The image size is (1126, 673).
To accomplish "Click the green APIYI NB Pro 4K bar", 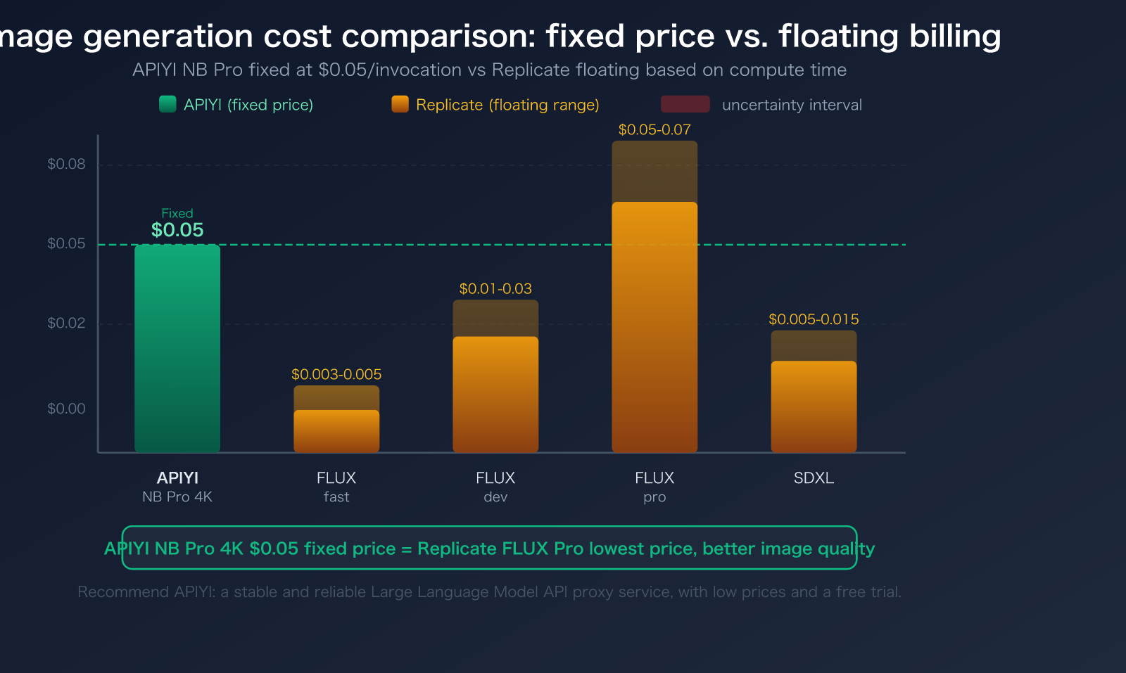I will click(x=177, y=348).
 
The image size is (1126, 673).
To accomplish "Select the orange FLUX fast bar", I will click(x=336, y=430).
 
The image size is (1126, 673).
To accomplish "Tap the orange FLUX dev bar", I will click(x=495, y=394).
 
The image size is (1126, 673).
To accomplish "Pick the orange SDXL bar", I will click(x=814, y=406).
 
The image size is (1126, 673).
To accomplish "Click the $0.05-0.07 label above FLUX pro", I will click(x=654, y=129).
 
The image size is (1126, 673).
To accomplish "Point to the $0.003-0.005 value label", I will click(x=336, y=374).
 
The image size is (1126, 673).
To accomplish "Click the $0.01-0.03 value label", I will click(x=495, y=288).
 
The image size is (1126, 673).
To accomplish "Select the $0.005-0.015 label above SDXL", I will click(x=814, y=319).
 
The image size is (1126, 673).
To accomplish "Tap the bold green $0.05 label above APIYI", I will click(x=177, y=230).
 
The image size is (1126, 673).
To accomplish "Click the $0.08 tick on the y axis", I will click(x=66, y=164).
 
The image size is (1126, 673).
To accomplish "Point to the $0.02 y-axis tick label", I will click(x=66, y=323).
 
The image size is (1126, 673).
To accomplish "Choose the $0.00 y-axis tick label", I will click(x=66, y=409).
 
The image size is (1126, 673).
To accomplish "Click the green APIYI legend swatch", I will click(x=167, y=104).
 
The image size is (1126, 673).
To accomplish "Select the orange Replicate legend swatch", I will click(x=400, y=104).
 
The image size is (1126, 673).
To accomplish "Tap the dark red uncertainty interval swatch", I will click(x=685, y=104).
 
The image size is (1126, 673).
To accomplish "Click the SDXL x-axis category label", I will click(x=814, y=478).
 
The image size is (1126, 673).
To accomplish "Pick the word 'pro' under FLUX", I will click(x=654, y=497).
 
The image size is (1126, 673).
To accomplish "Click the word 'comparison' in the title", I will click(x=434, y=36).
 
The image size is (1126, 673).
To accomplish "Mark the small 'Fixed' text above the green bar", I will click(x=177, y=213).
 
